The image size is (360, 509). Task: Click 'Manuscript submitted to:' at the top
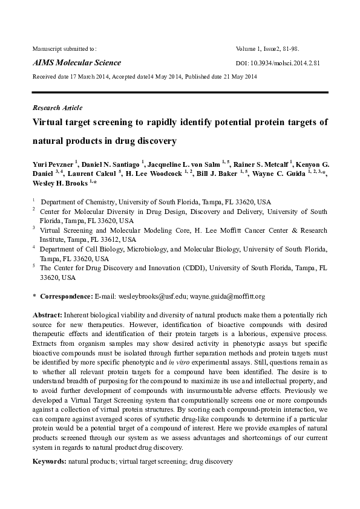pos(64,48)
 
